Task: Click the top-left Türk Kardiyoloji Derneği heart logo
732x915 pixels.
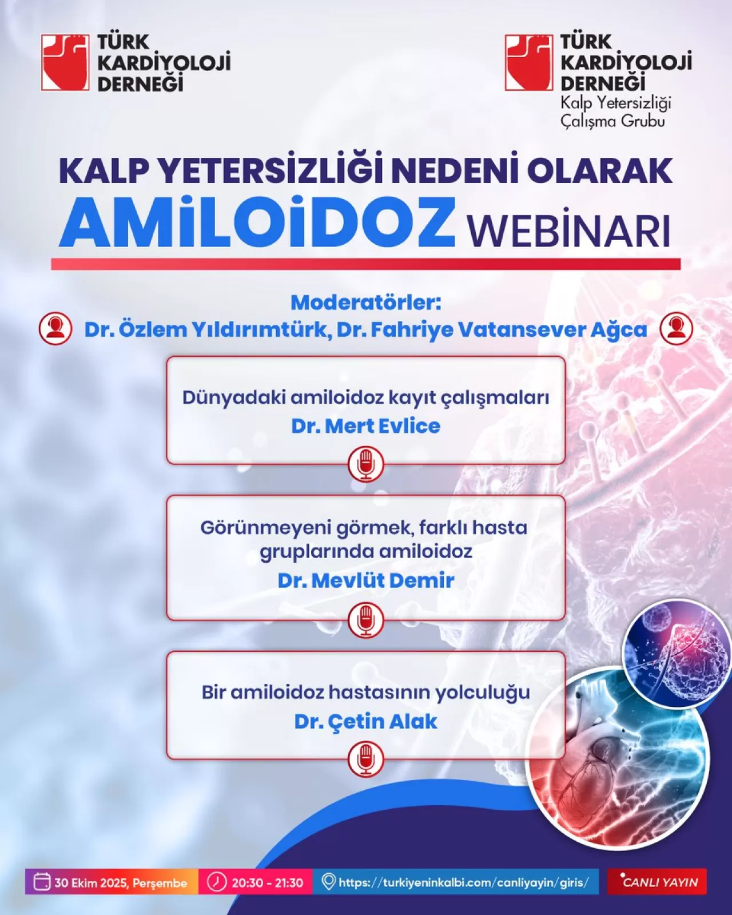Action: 65,63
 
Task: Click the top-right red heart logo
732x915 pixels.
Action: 529,63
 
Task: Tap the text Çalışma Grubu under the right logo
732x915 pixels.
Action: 612,121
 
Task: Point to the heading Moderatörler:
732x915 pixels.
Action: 366,302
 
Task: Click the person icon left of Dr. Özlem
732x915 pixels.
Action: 55,329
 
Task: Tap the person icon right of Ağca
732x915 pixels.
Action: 676,329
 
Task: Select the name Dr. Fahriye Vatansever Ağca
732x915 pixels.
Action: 492,330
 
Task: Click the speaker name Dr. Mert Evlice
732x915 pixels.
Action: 366,426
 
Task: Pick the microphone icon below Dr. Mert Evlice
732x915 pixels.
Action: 366,464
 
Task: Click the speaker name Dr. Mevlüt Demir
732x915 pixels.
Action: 366,580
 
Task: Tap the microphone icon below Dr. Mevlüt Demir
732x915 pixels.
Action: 366,620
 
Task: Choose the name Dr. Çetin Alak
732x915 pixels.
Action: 366,722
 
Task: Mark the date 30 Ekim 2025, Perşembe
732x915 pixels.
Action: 113,882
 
